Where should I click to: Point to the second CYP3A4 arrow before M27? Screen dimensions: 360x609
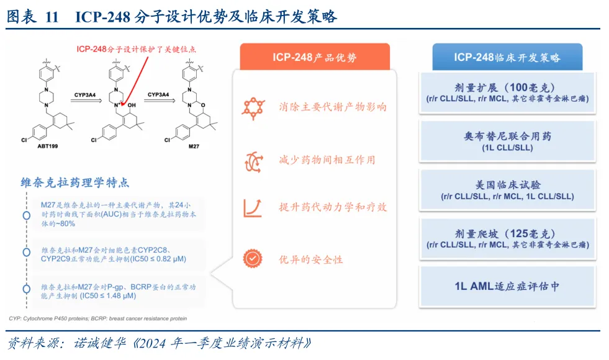[158, 99]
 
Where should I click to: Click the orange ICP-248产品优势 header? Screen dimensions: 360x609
[315, 58]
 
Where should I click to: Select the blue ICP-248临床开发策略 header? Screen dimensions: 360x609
[507, 57]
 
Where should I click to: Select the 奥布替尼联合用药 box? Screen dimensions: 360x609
[507, 142]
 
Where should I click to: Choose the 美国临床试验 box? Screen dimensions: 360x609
[507, 190]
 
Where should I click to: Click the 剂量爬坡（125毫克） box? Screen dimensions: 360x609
[507, 238]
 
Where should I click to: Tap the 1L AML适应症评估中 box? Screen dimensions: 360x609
[507, 286]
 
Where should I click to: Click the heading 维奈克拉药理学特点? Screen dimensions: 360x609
[75, 182]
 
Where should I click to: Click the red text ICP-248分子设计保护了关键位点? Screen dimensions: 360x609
[140, 48]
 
